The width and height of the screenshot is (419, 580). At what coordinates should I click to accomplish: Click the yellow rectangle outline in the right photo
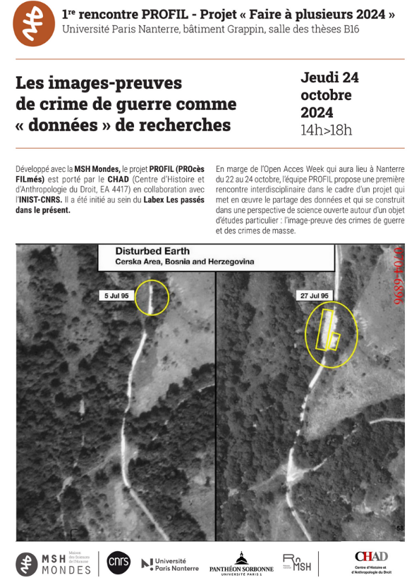pyautogui.click(x=329, y=330)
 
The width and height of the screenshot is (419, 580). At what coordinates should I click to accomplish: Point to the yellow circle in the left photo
pyautogui.click(x=151, y=297)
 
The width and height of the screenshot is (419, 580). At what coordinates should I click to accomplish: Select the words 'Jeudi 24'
pyautogui.click(x=329, y=78)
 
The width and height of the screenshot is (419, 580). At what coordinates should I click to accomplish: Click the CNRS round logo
pyautogui.click(x=119, y=561)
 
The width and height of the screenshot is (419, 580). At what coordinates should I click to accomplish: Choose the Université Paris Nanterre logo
pyautogui.click(x=168, y=563)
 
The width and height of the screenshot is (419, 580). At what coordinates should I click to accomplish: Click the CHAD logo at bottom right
pyautogui.click(x=372, y=561)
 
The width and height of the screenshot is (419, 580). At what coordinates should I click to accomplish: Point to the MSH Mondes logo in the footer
pyautogui.click(x=54, y=562)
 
